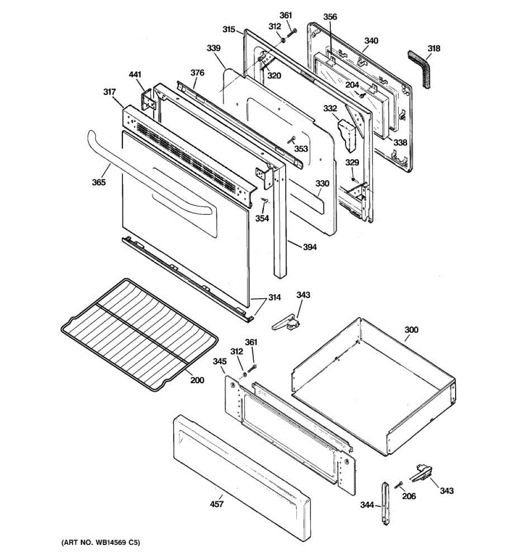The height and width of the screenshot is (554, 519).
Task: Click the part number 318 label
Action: pos(434,48)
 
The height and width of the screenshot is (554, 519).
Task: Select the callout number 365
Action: pos(99,182)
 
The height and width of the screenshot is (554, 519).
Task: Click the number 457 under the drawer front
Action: pos(217,504)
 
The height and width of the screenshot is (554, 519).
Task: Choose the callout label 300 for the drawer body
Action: pos(412,330)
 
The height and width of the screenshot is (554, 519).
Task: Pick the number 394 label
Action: pos(310,247)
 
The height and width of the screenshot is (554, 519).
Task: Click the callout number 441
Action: pos(135,74)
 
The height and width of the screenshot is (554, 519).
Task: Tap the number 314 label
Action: pos(274,298)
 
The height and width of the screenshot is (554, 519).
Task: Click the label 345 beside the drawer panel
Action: pos(219,361)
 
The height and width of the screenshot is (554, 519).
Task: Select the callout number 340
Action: pos(371,41)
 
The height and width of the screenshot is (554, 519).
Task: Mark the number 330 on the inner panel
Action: pos(322,183)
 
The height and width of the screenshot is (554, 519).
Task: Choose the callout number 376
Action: pos(197,72)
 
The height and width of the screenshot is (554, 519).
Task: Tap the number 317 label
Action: pos(109,92)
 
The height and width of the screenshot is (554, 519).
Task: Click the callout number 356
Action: pos(330,17)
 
